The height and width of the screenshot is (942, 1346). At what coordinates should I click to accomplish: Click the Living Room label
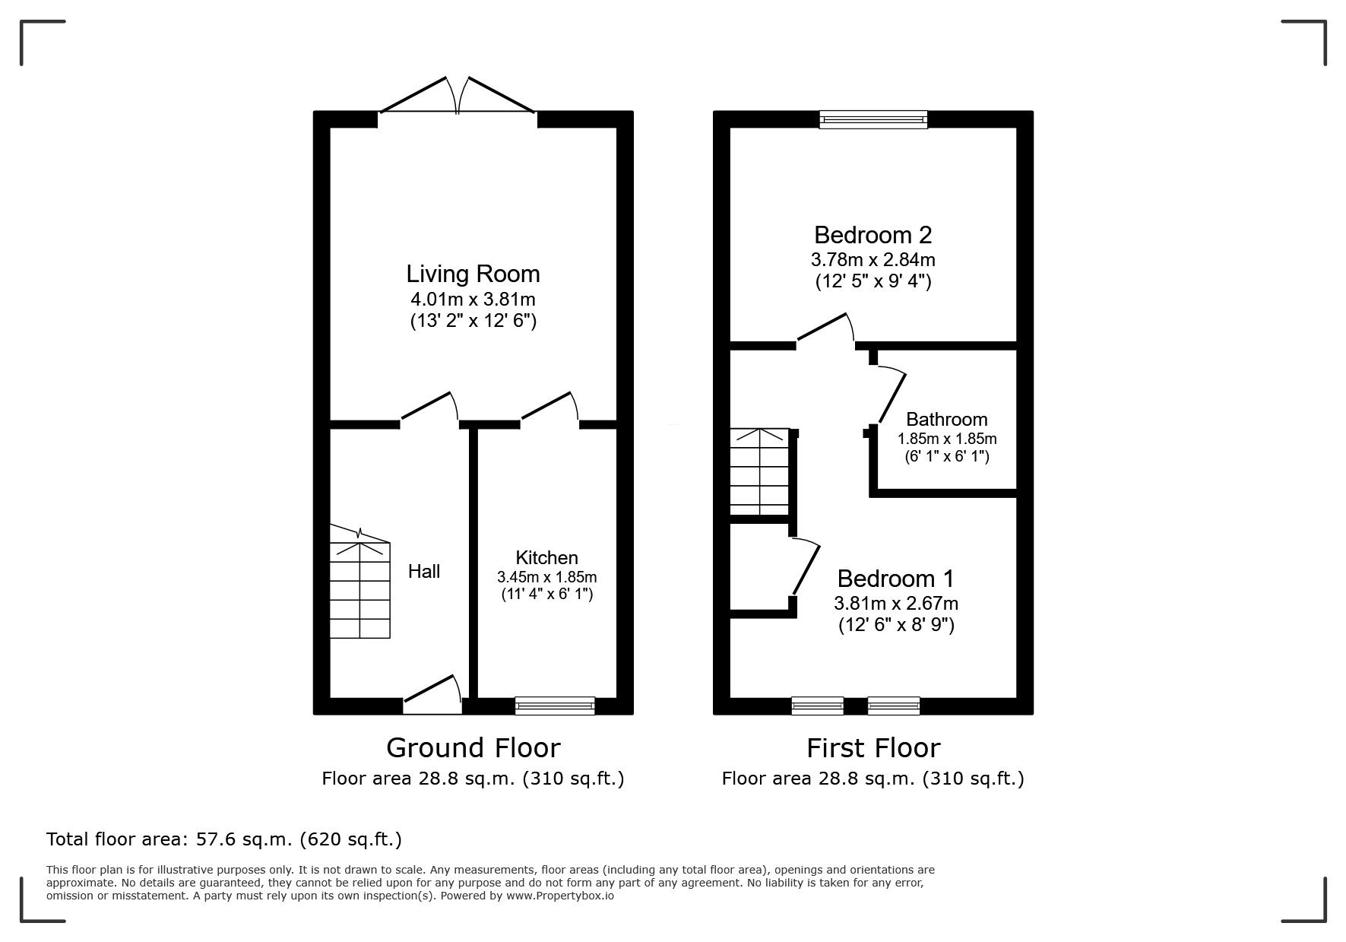tap(473, 274)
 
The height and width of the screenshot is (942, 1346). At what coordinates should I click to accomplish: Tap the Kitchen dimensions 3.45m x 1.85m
tap(546, 577)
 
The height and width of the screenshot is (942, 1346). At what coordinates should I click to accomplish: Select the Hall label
tap(423, 572)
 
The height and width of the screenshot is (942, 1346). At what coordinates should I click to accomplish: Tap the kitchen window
tap(555, 706)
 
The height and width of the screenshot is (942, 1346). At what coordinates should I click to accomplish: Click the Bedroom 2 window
tap(873, 119)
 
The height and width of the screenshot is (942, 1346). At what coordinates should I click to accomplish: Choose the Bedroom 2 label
tap(873, 234)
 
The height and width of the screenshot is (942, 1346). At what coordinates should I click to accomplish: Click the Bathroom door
tap(891, 395)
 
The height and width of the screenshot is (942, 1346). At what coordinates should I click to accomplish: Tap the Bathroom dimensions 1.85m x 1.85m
tap(946, 439)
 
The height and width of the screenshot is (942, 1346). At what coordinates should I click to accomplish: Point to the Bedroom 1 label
tap(895, 579)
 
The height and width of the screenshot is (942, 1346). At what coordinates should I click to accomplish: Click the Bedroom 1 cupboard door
tap(806, 568)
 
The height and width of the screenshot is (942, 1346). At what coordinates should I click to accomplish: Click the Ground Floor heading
tap(473, 748)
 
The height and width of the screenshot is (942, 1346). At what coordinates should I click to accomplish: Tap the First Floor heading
tap(873, 748)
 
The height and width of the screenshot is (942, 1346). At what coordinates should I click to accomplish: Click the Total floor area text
tap(224, 839)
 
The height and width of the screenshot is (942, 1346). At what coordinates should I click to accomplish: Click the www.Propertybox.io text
tap(560, 896)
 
